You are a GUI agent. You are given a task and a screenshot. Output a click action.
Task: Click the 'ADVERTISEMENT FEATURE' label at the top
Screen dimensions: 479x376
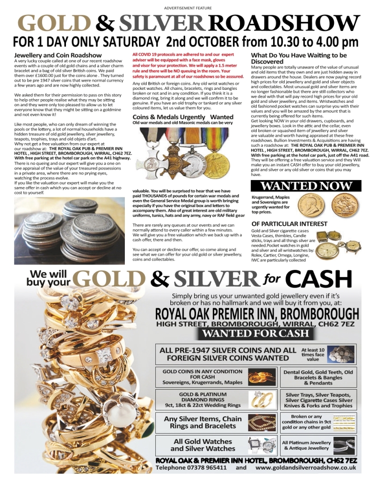188,8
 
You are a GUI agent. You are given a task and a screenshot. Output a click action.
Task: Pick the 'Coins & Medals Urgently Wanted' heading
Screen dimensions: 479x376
182,117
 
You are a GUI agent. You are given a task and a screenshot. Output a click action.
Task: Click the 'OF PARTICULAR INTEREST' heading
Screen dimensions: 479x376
289,224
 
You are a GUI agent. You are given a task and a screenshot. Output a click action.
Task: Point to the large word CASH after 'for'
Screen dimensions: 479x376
318,279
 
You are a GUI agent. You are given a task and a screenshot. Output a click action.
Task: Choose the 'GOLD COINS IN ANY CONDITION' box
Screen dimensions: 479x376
202,377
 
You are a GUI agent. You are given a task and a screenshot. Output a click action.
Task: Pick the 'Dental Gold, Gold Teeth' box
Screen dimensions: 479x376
318,377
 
